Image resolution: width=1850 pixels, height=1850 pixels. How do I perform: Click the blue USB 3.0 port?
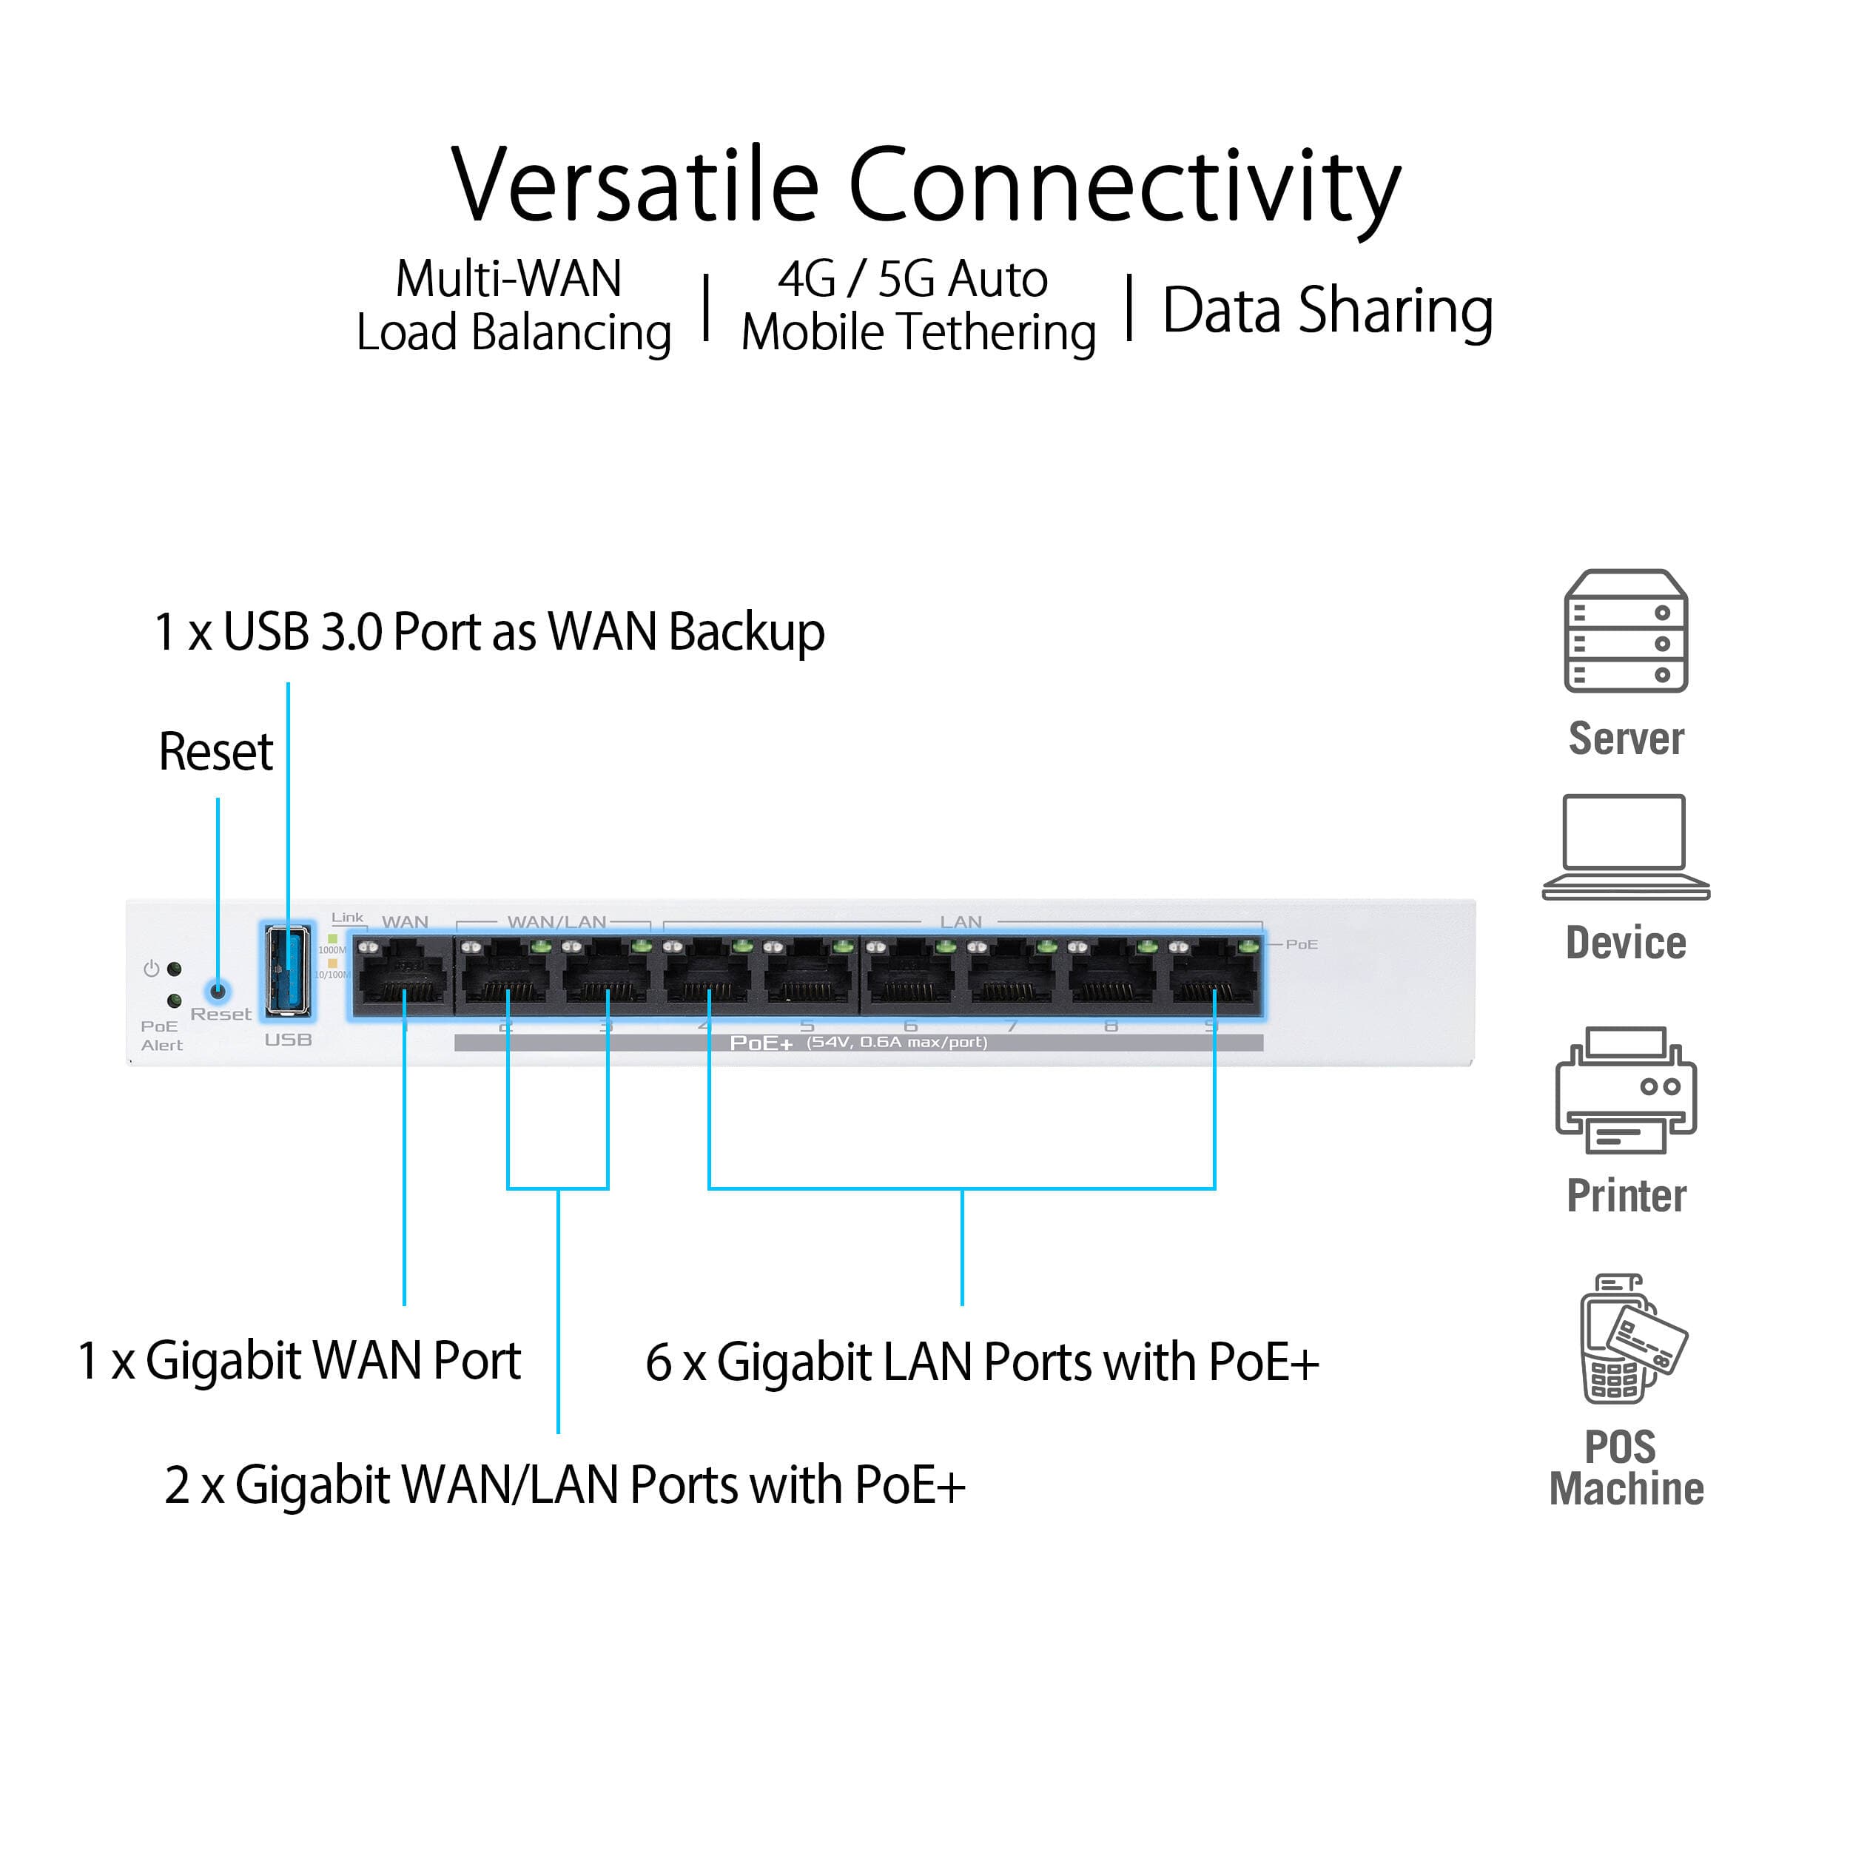coord(287,971)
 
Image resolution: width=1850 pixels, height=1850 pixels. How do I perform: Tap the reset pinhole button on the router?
coord(218,991)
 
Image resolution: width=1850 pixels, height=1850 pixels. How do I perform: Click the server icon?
coord(1626,631)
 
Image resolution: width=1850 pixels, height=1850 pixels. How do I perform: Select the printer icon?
coord(1626,1091)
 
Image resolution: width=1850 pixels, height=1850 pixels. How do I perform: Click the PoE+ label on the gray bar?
coord(761,1043)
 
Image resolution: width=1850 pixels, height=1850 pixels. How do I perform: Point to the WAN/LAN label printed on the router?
coord(556,921)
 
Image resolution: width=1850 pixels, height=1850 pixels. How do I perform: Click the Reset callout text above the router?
coord(215,752)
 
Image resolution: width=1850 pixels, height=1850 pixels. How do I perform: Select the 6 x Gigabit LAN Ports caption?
coord(981,1362)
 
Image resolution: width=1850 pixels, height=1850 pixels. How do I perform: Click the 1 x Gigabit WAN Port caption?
coord(299,1361)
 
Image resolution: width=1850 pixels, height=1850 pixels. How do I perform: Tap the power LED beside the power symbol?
coord(175,969)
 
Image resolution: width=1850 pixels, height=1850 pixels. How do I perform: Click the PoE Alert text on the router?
coord(161,1035)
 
